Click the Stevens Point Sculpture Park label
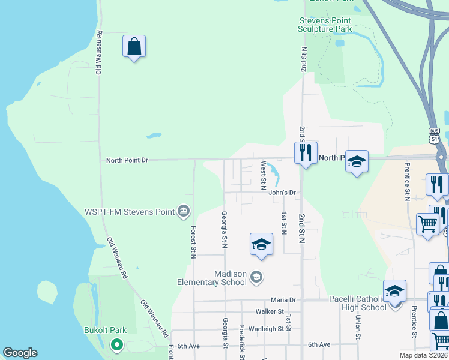tap(325, 25)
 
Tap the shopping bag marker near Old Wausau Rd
tap(134, 46)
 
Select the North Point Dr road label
tap(127, 160)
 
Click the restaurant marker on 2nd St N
tap(306, 153)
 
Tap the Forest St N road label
tap(193, 242)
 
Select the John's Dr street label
tap(282, 193)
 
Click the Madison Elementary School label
tap(212, 278)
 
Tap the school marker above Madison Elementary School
tap(261, 244)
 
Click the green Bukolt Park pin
tap(117, 345)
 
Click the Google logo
tap(20, 353)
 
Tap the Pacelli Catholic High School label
tap(358, 303)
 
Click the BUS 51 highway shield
tap(435, 135)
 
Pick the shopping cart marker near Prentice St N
tap(427, 224)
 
